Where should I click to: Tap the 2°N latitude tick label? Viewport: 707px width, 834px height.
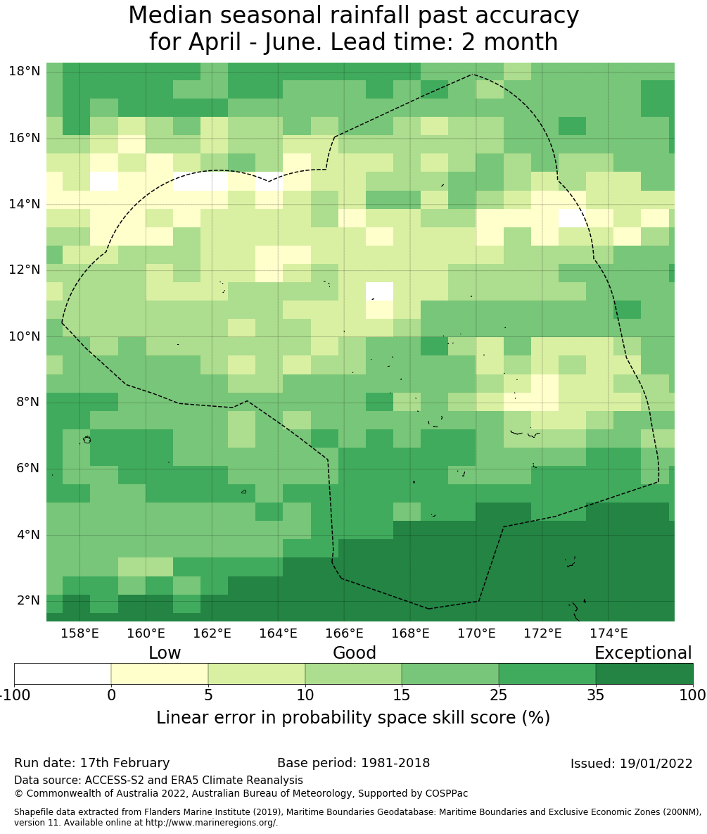[27, 600]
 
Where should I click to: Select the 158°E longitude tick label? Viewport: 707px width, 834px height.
[79, 633]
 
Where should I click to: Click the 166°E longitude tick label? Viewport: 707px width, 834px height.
[344, 633]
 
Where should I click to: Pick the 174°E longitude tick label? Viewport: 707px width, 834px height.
[609, 633]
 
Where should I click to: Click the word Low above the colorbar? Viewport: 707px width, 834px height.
[165, 653]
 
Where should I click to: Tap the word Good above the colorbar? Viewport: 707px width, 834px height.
[355, 653]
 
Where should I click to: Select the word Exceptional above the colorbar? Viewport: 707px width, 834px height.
[643, 653]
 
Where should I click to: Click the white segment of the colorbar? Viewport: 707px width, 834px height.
[63, 674]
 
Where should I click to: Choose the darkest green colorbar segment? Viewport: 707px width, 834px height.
[644, 674]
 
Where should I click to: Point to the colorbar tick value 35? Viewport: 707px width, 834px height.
[595, 696]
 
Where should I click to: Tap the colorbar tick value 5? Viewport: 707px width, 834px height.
[208, 696]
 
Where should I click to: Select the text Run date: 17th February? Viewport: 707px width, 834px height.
[91, 763]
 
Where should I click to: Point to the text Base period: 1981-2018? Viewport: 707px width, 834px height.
[353, 763]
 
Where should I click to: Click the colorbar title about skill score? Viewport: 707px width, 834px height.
[353, 718]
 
